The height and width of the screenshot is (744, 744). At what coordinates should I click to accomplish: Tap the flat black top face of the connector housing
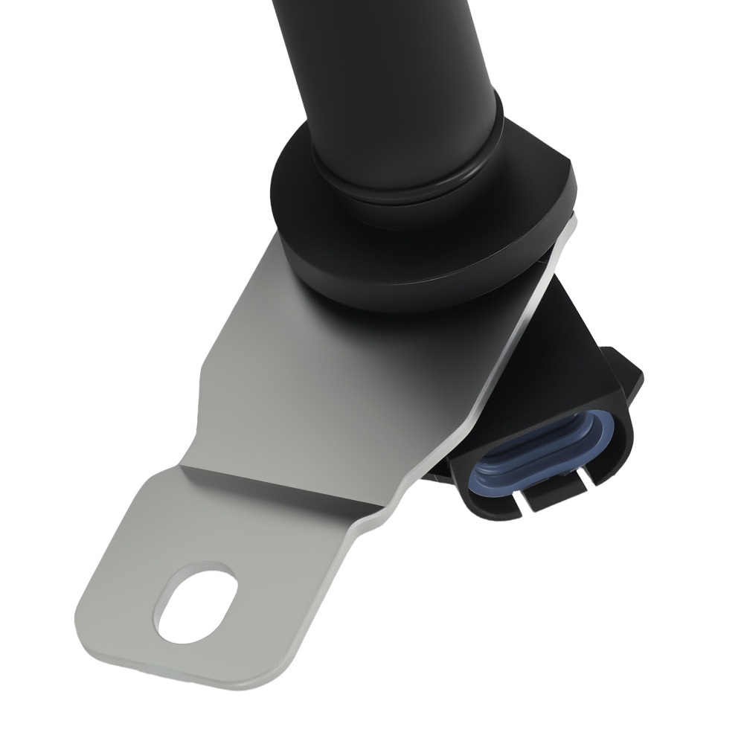[x=565, y=357]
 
